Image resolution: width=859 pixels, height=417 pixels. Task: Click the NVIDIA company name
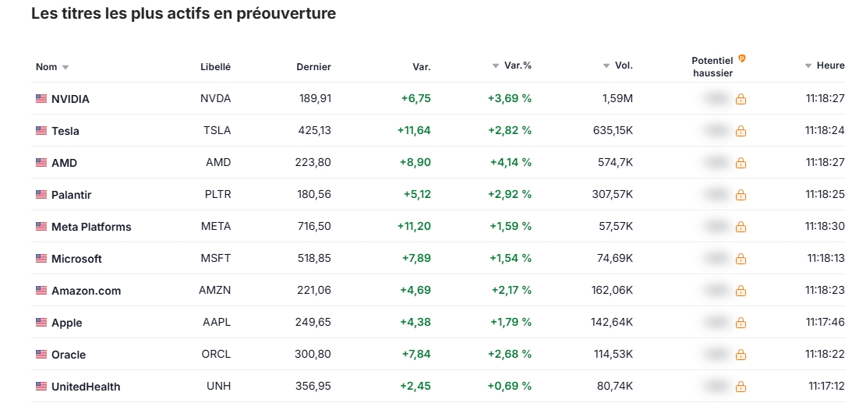[x=70, y=99]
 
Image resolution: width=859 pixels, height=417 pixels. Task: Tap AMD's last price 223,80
[x=314, y=163]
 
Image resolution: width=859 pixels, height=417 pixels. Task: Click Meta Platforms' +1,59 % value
[x=511, y=227]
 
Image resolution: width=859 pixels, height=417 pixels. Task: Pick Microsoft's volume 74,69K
[x=613, y=259]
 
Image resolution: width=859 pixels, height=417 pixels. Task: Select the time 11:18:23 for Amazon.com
[x=825, y=291]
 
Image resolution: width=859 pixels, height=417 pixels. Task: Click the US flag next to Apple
[x=41, y=323]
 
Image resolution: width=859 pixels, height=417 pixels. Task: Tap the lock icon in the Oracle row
[x=741, y=355]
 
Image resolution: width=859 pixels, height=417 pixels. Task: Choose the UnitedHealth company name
[x=86, y=387]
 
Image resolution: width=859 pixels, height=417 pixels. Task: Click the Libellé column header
[x=215, y=67]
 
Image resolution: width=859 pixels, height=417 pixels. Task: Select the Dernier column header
[x=313, y=67]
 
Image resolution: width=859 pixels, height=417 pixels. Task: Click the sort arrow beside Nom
[x=65, y=67]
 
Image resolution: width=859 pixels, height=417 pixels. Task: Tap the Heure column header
[x=830, y=65]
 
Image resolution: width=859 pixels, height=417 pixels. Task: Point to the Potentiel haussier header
[x=712, y=67]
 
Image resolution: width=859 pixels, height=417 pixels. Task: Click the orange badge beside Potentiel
[x=742, y=58]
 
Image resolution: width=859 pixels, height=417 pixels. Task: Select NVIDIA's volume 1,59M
[x=617, y=99]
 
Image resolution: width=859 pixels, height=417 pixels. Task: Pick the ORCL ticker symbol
[x=215, y=355]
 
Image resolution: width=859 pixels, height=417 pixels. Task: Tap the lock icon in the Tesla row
[x=741, y=131]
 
